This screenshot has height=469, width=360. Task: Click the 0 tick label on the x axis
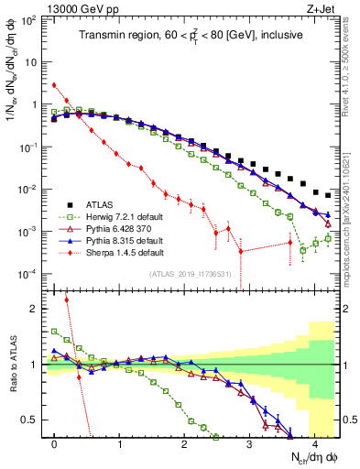tap(55, 443)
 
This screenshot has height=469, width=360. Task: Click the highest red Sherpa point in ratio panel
tap(67, 299)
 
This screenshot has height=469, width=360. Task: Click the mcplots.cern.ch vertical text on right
tap(351, 220)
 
